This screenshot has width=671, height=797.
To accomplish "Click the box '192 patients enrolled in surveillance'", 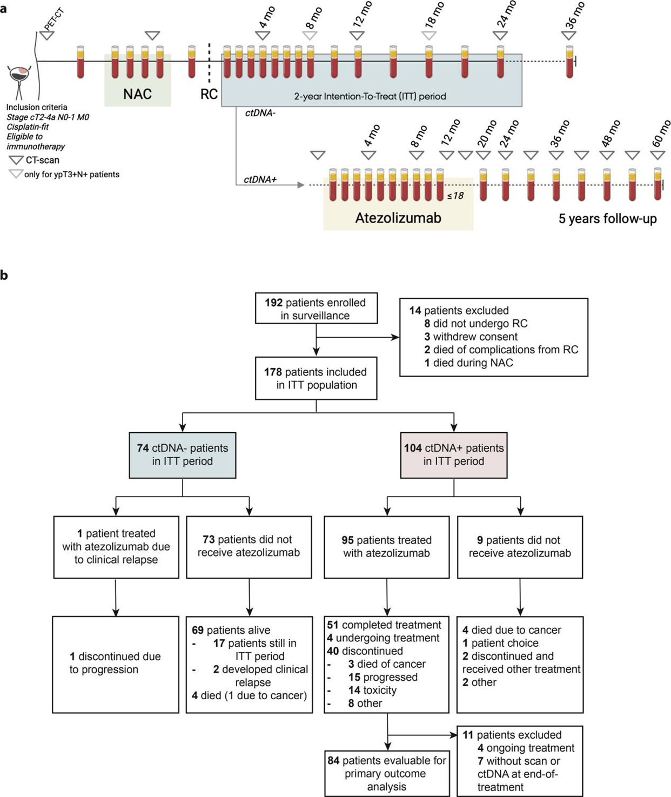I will (x=316, y=309).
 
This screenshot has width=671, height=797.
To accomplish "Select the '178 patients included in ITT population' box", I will (x=316, y=378).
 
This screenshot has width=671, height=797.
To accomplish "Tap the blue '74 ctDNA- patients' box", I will (x=183, y=455).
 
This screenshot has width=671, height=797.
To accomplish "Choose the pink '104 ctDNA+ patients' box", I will (x=454, y=455).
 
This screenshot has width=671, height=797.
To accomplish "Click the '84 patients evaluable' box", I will (x=387, y=773).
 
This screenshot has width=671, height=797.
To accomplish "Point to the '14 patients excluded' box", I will (x=493, y=337).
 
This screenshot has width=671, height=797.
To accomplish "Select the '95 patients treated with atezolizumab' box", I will (x=387, y=547).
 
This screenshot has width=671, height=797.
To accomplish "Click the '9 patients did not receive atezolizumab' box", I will (x=520, y=547).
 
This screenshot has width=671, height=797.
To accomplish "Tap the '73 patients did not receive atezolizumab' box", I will (x=249, y=547).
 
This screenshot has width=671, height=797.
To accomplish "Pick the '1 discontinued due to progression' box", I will (x=116, y=664).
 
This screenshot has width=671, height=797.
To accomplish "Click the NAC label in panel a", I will (x=137, y=94).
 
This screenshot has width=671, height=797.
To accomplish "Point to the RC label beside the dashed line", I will (x=209, y=94).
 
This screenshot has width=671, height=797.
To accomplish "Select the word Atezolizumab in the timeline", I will (x=398, y=218).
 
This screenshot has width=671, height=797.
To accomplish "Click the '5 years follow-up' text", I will (x=607, y=219).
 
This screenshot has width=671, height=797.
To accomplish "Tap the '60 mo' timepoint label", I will (x=661, y=133).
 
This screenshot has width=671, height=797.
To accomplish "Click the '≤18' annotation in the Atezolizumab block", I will (x=455, y=196).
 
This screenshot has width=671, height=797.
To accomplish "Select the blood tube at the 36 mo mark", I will (x=569, y=62).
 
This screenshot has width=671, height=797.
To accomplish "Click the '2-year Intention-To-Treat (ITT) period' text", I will (x=370, y=97).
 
